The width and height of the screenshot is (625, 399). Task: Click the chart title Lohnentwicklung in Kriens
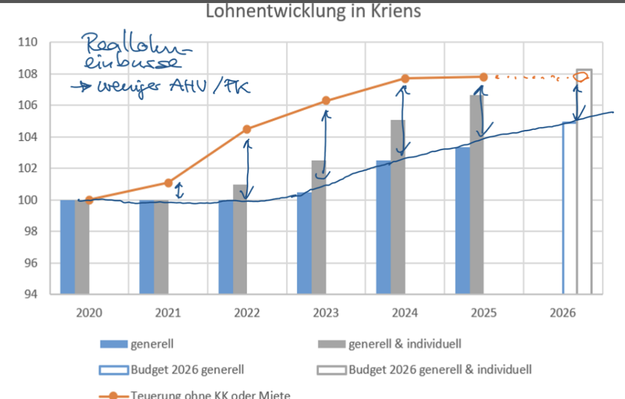point(313,11)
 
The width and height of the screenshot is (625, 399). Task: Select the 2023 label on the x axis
point(326,314)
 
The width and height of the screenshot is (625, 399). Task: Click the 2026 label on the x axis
point(563,314)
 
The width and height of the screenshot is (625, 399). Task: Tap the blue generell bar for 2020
point(67,246)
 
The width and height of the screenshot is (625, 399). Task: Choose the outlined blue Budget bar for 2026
point(569,207)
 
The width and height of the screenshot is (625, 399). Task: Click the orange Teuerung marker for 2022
point(247,129)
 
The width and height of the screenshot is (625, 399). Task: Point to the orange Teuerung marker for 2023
point(326,100)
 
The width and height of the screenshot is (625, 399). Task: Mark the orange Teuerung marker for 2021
point(168,182)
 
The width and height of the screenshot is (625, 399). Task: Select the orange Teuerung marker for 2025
point(484,77)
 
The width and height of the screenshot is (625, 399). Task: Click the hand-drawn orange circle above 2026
point(581,77)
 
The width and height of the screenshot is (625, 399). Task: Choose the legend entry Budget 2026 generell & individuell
point(439,369)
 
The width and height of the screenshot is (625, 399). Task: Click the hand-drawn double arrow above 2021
point(179,192)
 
